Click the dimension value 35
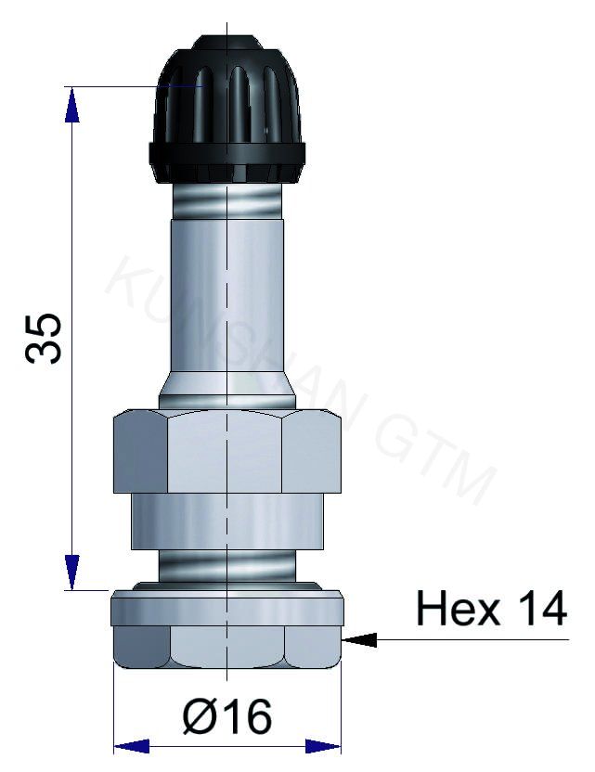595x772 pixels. (x=45, y=338)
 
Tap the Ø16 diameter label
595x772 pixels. (x=227, y=716)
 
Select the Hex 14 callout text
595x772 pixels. (x=490, y=610)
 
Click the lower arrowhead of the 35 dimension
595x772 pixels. (x=71, y=571)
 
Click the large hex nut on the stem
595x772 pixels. (x=227, y=452)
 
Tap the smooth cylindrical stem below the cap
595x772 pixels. (x=227, y=297)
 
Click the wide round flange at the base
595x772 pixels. (x=227, y=609)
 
